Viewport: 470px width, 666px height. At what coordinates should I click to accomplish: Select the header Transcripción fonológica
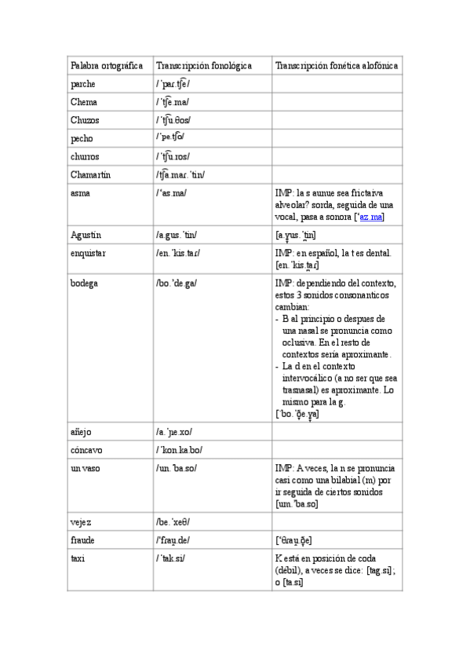click(203, 66)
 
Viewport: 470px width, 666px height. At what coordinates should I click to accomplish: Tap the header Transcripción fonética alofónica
click(337, 66)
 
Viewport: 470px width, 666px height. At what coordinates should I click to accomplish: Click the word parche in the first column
click(84, 84)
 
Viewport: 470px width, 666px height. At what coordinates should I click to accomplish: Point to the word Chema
click(84, 102)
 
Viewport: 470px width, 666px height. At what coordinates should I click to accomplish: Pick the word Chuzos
click(86, 120)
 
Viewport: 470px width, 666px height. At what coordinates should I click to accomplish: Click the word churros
click(86, 156)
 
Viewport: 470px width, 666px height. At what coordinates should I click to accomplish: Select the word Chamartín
click(90, 174)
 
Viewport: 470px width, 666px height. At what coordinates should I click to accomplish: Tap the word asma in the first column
click(81, 193)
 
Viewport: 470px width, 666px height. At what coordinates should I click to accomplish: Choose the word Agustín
click(86, 235)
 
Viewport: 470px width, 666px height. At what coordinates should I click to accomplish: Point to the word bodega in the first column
click(84, 283)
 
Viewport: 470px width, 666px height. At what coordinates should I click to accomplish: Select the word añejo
click(82, 432)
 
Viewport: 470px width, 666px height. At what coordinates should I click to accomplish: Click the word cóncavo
click(86, 450)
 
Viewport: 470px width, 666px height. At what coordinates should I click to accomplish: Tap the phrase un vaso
click(85, 468)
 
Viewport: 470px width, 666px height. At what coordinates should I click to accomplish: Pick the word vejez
click(82, 521)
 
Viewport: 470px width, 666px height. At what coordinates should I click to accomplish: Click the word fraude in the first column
click(83, 540)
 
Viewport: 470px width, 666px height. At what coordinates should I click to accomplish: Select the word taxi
click(78, 558)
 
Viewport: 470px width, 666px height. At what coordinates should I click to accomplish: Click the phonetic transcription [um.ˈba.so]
click(297, 503)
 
